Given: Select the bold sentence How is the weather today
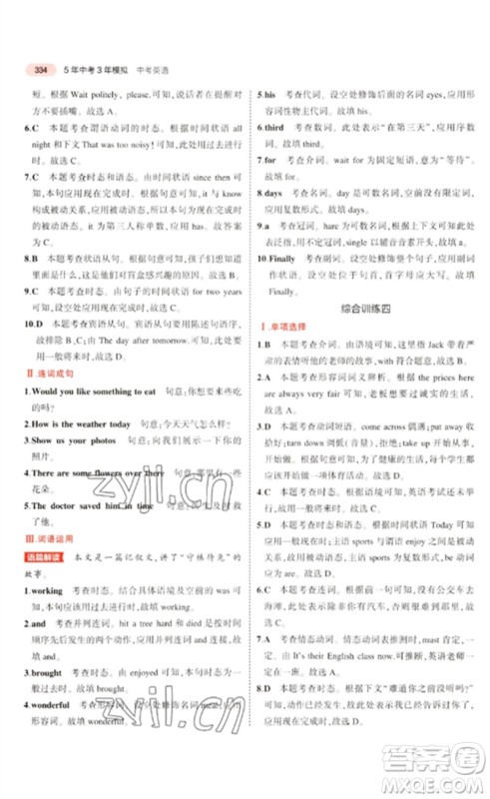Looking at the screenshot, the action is (x=85, y=426).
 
